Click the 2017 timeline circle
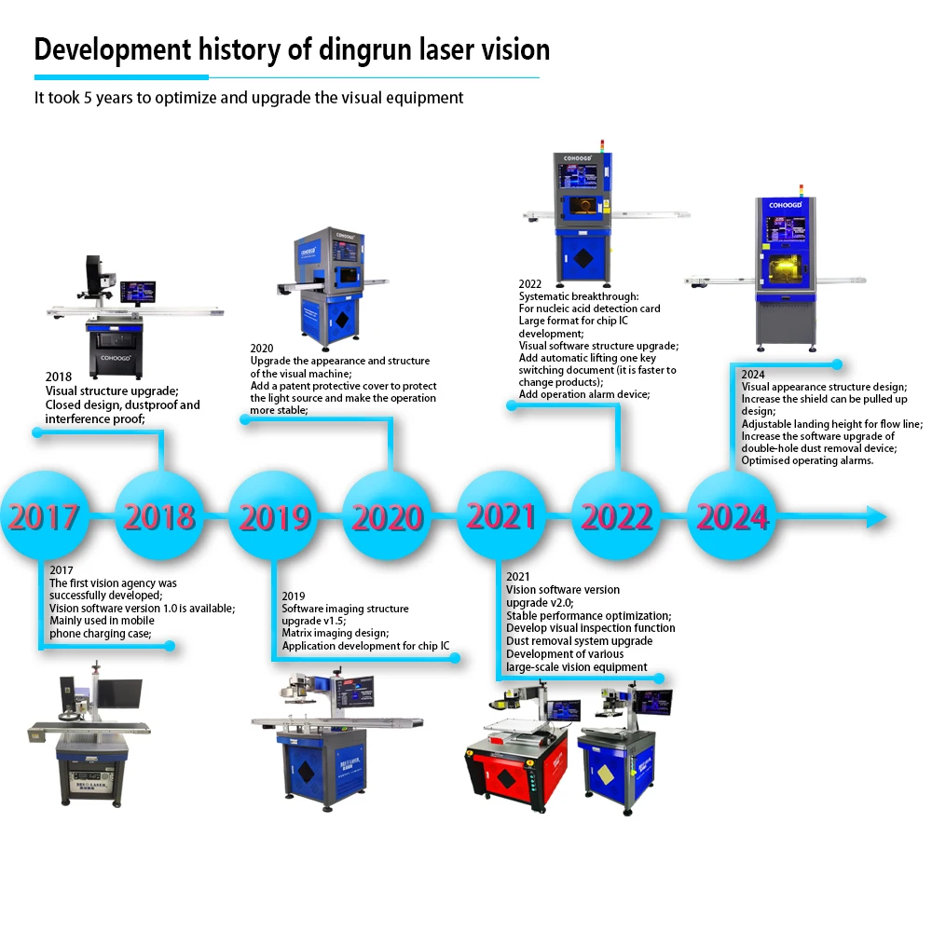45,515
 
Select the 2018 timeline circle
159,515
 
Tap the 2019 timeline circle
273,515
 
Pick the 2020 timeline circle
388,515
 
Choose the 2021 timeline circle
501,515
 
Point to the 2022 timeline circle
616,515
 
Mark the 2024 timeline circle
732,515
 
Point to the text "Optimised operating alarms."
807,460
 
